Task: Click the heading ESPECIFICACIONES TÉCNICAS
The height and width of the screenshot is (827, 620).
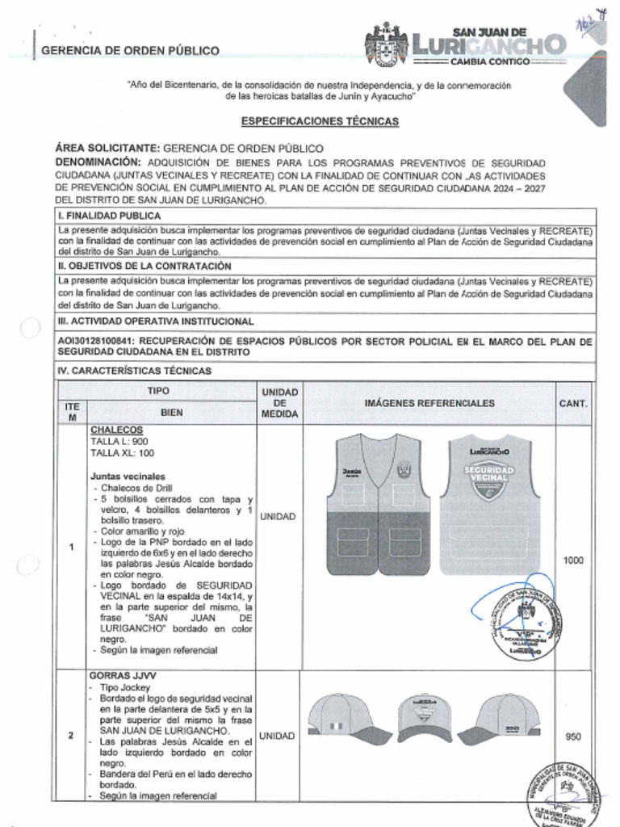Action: [x=320, y=121]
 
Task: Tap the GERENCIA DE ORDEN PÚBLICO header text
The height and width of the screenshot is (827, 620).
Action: [x=130, y=51]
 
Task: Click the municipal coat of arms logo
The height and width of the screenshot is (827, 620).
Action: [x=387, y=45]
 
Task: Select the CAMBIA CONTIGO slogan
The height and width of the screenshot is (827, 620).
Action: [x=489, y=62]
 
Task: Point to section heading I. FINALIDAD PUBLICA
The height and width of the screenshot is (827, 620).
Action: [x=110, y=216]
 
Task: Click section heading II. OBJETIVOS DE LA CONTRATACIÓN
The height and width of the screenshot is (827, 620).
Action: [x=145, y=266]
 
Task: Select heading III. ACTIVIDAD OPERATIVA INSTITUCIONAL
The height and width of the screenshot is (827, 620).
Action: [x=157, y=321]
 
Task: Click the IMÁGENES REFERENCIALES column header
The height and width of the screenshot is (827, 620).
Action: [x=429, y=403]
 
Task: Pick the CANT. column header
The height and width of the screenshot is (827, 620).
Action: [x=573, y=403]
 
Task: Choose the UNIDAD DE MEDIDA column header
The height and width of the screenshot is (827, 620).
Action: [x=280, y=403]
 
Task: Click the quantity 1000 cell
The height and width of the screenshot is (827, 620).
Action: [x=573, y=560]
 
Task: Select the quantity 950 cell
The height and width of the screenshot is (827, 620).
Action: [x=573, y=736]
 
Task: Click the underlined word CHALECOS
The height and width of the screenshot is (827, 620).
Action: [x=116, y=430]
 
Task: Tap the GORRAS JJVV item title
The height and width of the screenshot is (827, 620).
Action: [x=123, y=674]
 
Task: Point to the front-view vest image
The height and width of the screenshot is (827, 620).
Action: [x=378, y=504]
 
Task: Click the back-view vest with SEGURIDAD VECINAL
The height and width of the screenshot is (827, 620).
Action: [x=489, y=504]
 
